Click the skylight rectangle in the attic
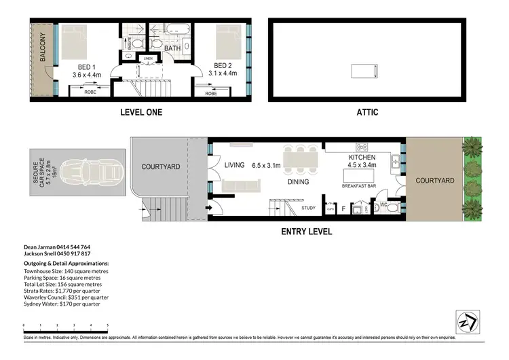361,71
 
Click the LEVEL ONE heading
140,112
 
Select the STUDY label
309,209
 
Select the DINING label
298,182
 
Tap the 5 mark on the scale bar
107,325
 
